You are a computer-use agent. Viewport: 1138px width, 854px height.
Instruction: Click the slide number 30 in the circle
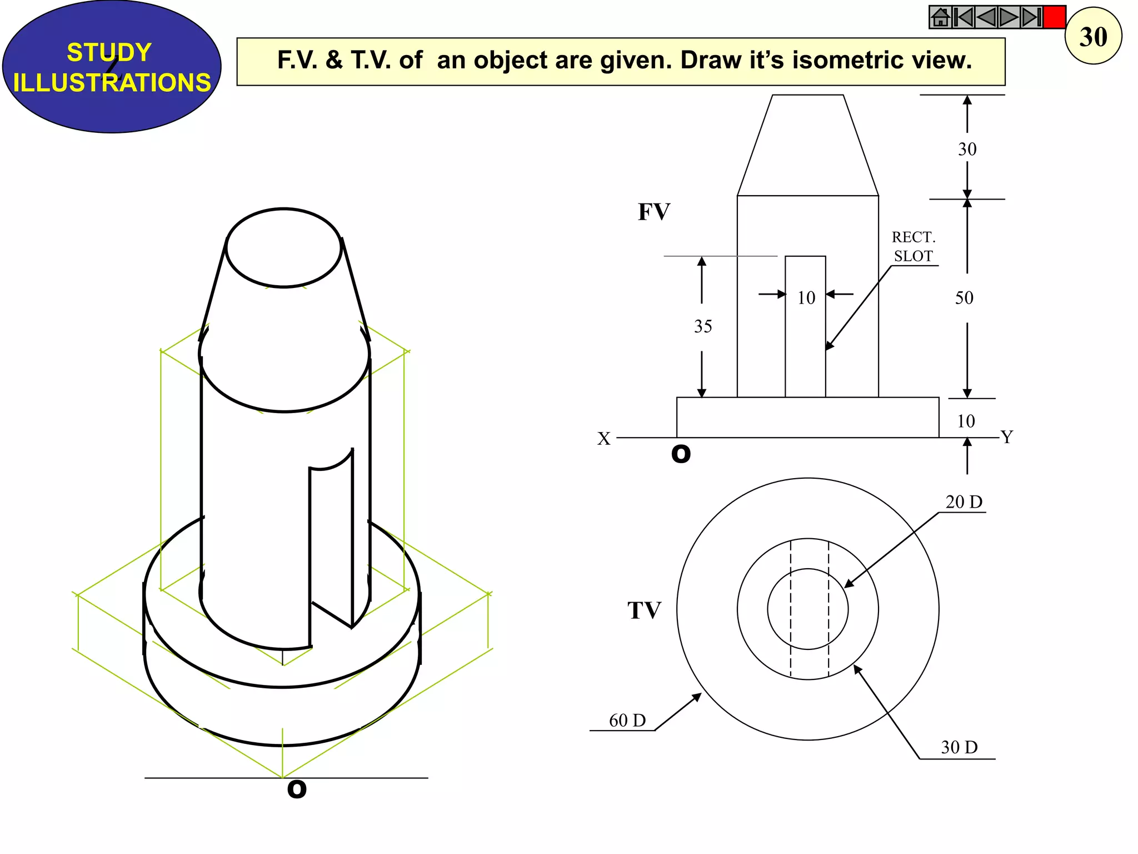tap(1092, 37)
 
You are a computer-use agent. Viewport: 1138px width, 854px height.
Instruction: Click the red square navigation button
tap(1054, 17)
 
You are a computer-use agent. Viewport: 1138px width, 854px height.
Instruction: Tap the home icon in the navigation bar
tap(940, 17)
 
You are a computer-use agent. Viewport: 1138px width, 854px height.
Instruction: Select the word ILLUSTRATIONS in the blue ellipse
tap(112, 83)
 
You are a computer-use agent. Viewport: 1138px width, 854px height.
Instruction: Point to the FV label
tap(653, 212)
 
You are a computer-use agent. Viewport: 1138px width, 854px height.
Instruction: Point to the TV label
tap(644, 610)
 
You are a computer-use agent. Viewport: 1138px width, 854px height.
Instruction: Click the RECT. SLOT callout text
tap(914, 246)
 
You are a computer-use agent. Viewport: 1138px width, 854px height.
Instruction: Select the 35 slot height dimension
tap(702, 326)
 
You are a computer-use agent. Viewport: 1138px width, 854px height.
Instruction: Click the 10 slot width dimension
tap(806, 298)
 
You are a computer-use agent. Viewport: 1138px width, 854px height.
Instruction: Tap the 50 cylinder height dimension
tap(964, 298)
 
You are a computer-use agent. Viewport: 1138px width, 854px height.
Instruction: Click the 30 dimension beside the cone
tap(967, 149)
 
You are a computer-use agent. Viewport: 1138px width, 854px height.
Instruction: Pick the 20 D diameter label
tap(964, 502)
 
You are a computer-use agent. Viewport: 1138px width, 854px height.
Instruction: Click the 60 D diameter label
tap(627, 721)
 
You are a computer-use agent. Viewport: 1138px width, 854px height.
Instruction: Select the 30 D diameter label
tap(959, 747)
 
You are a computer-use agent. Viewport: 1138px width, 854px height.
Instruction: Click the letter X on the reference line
tap(603, 439)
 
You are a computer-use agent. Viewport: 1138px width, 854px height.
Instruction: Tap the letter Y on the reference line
tap(1007, 437)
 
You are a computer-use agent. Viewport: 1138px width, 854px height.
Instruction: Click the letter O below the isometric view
tap(297, 789)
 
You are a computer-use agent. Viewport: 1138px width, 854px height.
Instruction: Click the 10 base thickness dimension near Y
tap(966, 421)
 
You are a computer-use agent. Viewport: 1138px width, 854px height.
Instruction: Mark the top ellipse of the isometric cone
tap(284, 248)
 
